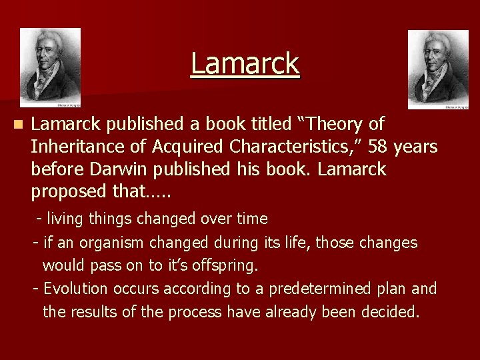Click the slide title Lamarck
click(x=245, y=64)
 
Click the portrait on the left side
click(x=50, y=67)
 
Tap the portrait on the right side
click(x=438, y=69)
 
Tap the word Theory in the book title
click(x=337, y=124)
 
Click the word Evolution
click(x=75, y=289)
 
